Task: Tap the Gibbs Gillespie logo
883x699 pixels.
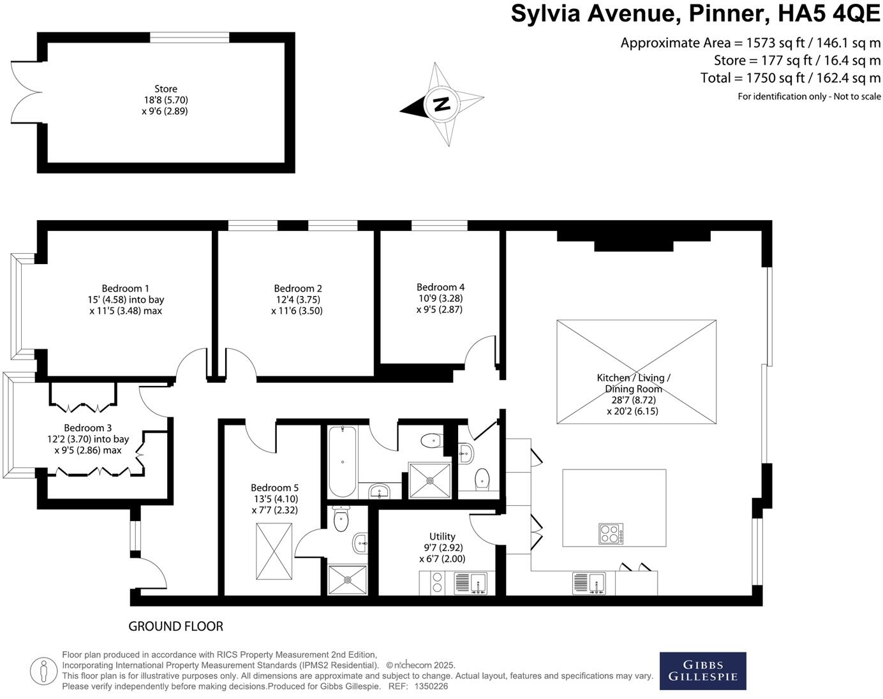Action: (702, 671)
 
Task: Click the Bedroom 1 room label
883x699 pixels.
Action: (126, 289)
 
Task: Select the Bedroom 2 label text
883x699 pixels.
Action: (298, 289)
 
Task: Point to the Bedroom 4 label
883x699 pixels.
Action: (440, 288)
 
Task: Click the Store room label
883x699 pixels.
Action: (166, 89)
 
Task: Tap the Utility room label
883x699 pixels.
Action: (442, 536)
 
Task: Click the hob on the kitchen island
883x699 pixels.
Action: (611, 534)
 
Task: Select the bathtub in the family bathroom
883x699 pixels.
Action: (343, 461)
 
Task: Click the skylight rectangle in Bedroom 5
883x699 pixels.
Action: (274, 552)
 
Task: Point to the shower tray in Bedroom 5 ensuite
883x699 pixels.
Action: (348, 580)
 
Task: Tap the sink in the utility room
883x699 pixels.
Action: (470, 583)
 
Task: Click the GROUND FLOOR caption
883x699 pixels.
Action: (176, 626)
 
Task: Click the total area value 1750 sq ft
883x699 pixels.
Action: (768, 78)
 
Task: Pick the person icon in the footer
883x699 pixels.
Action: (43, 670)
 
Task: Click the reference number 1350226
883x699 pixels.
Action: (431, 686)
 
